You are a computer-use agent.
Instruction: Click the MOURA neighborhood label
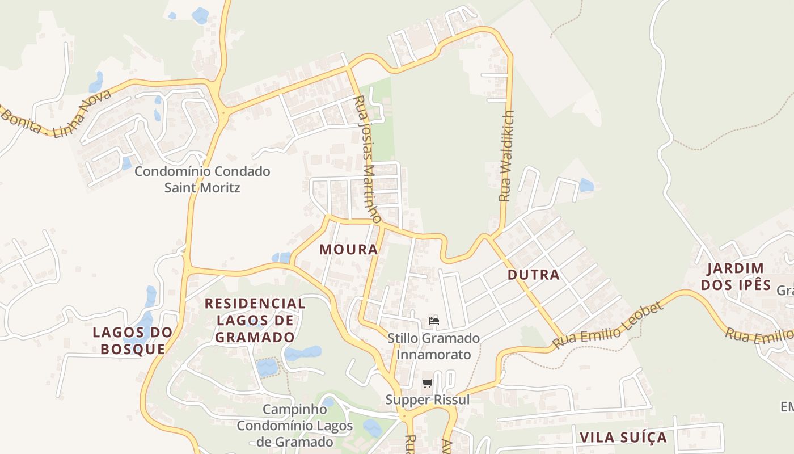(x=348, y=249)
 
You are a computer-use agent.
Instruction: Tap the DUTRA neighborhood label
(x=533, y=275)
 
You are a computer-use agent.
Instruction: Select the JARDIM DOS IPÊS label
(x=736, y=276)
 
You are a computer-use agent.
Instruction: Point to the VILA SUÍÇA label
(x=623, y=438)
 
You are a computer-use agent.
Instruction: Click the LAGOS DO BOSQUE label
(x=133, y=340)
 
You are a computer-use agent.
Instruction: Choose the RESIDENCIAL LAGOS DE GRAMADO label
(x=255, y=320)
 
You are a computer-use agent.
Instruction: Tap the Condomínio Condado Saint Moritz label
(x=202, y=179)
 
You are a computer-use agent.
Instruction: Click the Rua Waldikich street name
(x=505, y=156)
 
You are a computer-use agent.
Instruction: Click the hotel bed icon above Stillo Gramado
(x=434, y=321)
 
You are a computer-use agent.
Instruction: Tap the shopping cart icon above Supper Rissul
(x=428, y=384)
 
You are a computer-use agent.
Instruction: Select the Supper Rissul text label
(x=428, y=400)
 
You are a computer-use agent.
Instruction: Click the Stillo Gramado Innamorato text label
(x=434, y=346)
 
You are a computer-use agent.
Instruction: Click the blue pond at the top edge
(x=200, y=15)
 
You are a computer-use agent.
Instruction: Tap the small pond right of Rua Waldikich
(x=586, y=185)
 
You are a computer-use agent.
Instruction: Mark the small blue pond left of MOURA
(x=281, y=258)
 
